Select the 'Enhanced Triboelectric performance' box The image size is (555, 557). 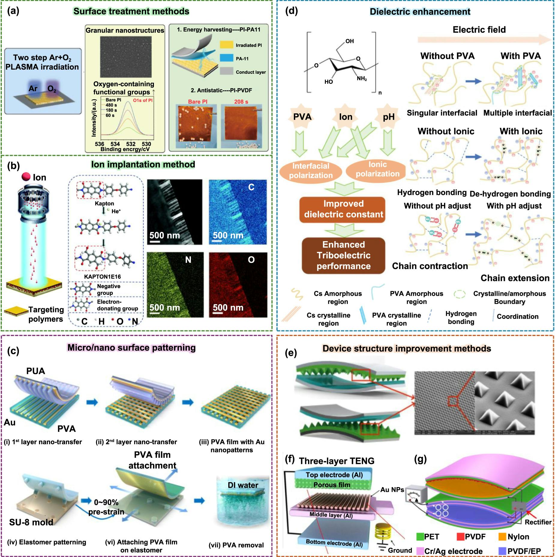pos(343,255)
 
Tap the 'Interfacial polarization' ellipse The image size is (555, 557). pos(310,171)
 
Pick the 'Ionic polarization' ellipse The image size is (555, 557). pos(377,169)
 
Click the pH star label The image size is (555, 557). pos(388,117)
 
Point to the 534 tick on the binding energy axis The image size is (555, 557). pos(115,144)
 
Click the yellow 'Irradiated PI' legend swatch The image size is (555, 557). pos(226,45)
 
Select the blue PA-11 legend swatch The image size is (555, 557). pos(226,58)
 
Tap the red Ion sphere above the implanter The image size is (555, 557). pos(26,177)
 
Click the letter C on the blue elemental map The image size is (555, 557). pos(251,187)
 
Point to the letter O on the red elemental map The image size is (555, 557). pos(251,260)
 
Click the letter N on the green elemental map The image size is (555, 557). pos(188,260)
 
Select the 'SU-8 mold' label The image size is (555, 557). pos(31,522)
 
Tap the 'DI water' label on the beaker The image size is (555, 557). pos(243,485)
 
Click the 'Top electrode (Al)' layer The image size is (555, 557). pos(334,475)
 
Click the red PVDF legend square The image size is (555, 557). pos(460,537)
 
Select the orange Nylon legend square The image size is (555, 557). pos(502,537)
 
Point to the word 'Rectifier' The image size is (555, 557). pos(538,522)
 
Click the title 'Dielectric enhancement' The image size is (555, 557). pos(420,12)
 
